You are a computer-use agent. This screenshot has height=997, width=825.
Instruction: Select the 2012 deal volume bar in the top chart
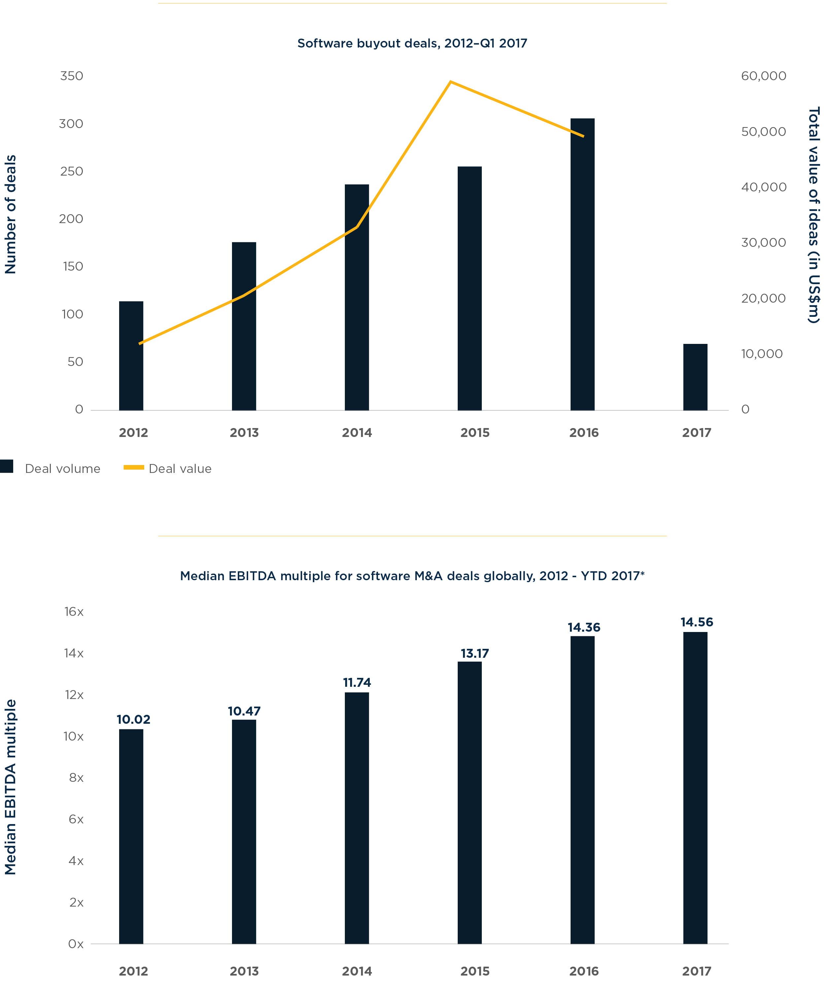tap(131, 356)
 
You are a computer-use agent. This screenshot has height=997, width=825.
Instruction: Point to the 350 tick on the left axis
tap(72, 76)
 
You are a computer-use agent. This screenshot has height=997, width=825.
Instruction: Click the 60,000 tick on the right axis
tap(763, 76)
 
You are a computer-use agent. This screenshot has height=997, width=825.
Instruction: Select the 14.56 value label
tap(696, 622)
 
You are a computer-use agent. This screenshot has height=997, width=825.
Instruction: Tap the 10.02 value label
tap(133, 719)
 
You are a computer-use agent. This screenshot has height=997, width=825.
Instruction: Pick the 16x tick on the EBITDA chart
tap(74, 612)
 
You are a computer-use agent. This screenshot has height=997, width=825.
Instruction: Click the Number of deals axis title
tap(11, 214)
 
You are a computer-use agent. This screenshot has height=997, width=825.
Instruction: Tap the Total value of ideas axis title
tap(813, 215)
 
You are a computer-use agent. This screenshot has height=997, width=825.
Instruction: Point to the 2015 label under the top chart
tap(475, 433)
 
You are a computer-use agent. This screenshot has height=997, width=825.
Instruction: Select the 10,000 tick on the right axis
tap(761, 354)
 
